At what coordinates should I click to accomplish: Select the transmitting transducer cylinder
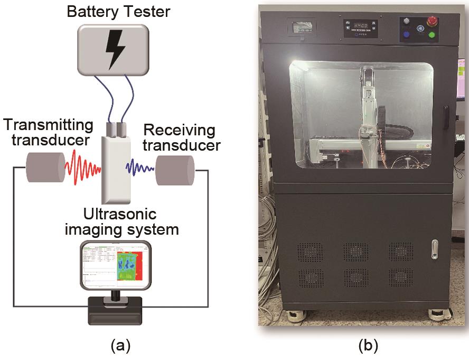[46, 168]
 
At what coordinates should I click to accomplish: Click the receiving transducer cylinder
[175, 169]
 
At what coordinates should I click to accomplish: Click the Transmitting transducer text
[48, 133]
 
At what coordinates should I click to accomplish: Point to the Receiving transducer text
[180, 137]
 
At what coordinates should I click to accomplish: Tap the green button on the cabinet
[432, 35]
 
